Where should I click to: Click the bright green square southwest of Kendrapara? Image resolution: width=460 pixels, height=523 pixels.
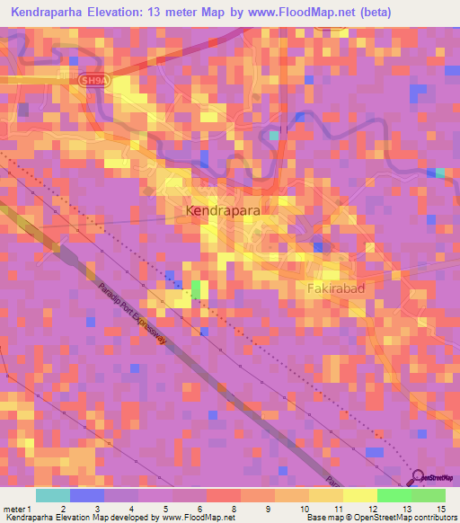click(x=196, y=289)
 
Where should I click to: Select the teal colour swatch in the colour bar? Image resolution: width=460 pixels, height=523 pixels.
click(x=52, y=495)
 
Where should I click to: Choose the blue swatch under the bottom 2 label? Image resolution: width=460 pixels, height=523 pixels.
click(x=86, y=495)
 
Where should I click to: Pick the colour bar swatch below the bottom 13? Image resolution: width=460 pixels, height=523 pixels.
click(x=394, y=495)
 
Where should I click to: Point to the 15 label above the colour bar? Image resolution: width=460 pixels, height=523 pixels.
click(x=441, y=484)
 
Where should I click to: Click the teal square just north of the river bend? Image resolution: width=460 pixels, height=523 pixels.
click(x=274, y=135)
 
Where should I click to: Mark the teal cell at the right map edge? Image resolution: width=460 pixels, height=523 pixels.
click(x=439, y=173)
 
